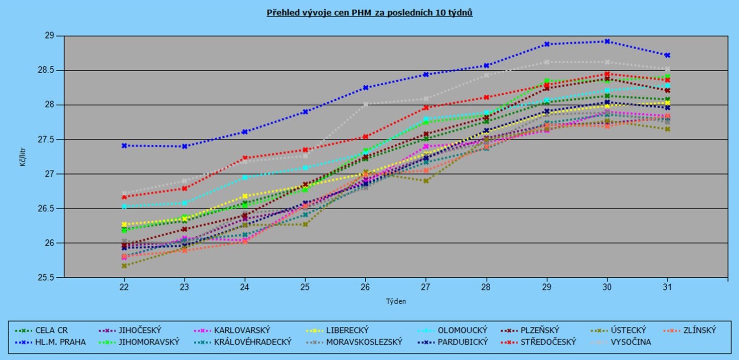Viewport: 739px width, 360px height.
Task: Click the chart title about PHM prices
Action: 369,13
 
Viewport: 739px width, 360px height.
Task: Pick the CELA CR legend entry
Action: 51,330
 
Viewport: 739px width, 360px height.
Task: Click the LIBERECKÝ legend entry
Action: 347,330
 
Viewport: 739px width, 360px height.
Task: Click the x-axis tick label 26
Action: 366,287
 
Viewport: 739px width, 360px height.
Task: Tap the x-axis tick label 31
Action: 668,287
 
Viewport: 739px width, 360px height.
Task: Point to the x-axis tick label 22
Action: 124,287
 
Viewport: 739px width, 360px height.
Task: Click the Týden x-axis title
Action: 396,301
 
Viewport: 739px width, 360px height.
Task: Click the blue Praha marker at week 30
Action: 607,41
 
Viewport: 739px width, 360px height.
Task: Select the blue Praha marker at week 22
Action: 124,145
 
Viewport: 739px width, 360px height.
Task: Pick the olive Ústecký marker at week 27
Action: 426,181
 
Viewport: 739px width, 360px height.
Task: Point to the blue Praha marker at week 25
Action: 305,112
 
